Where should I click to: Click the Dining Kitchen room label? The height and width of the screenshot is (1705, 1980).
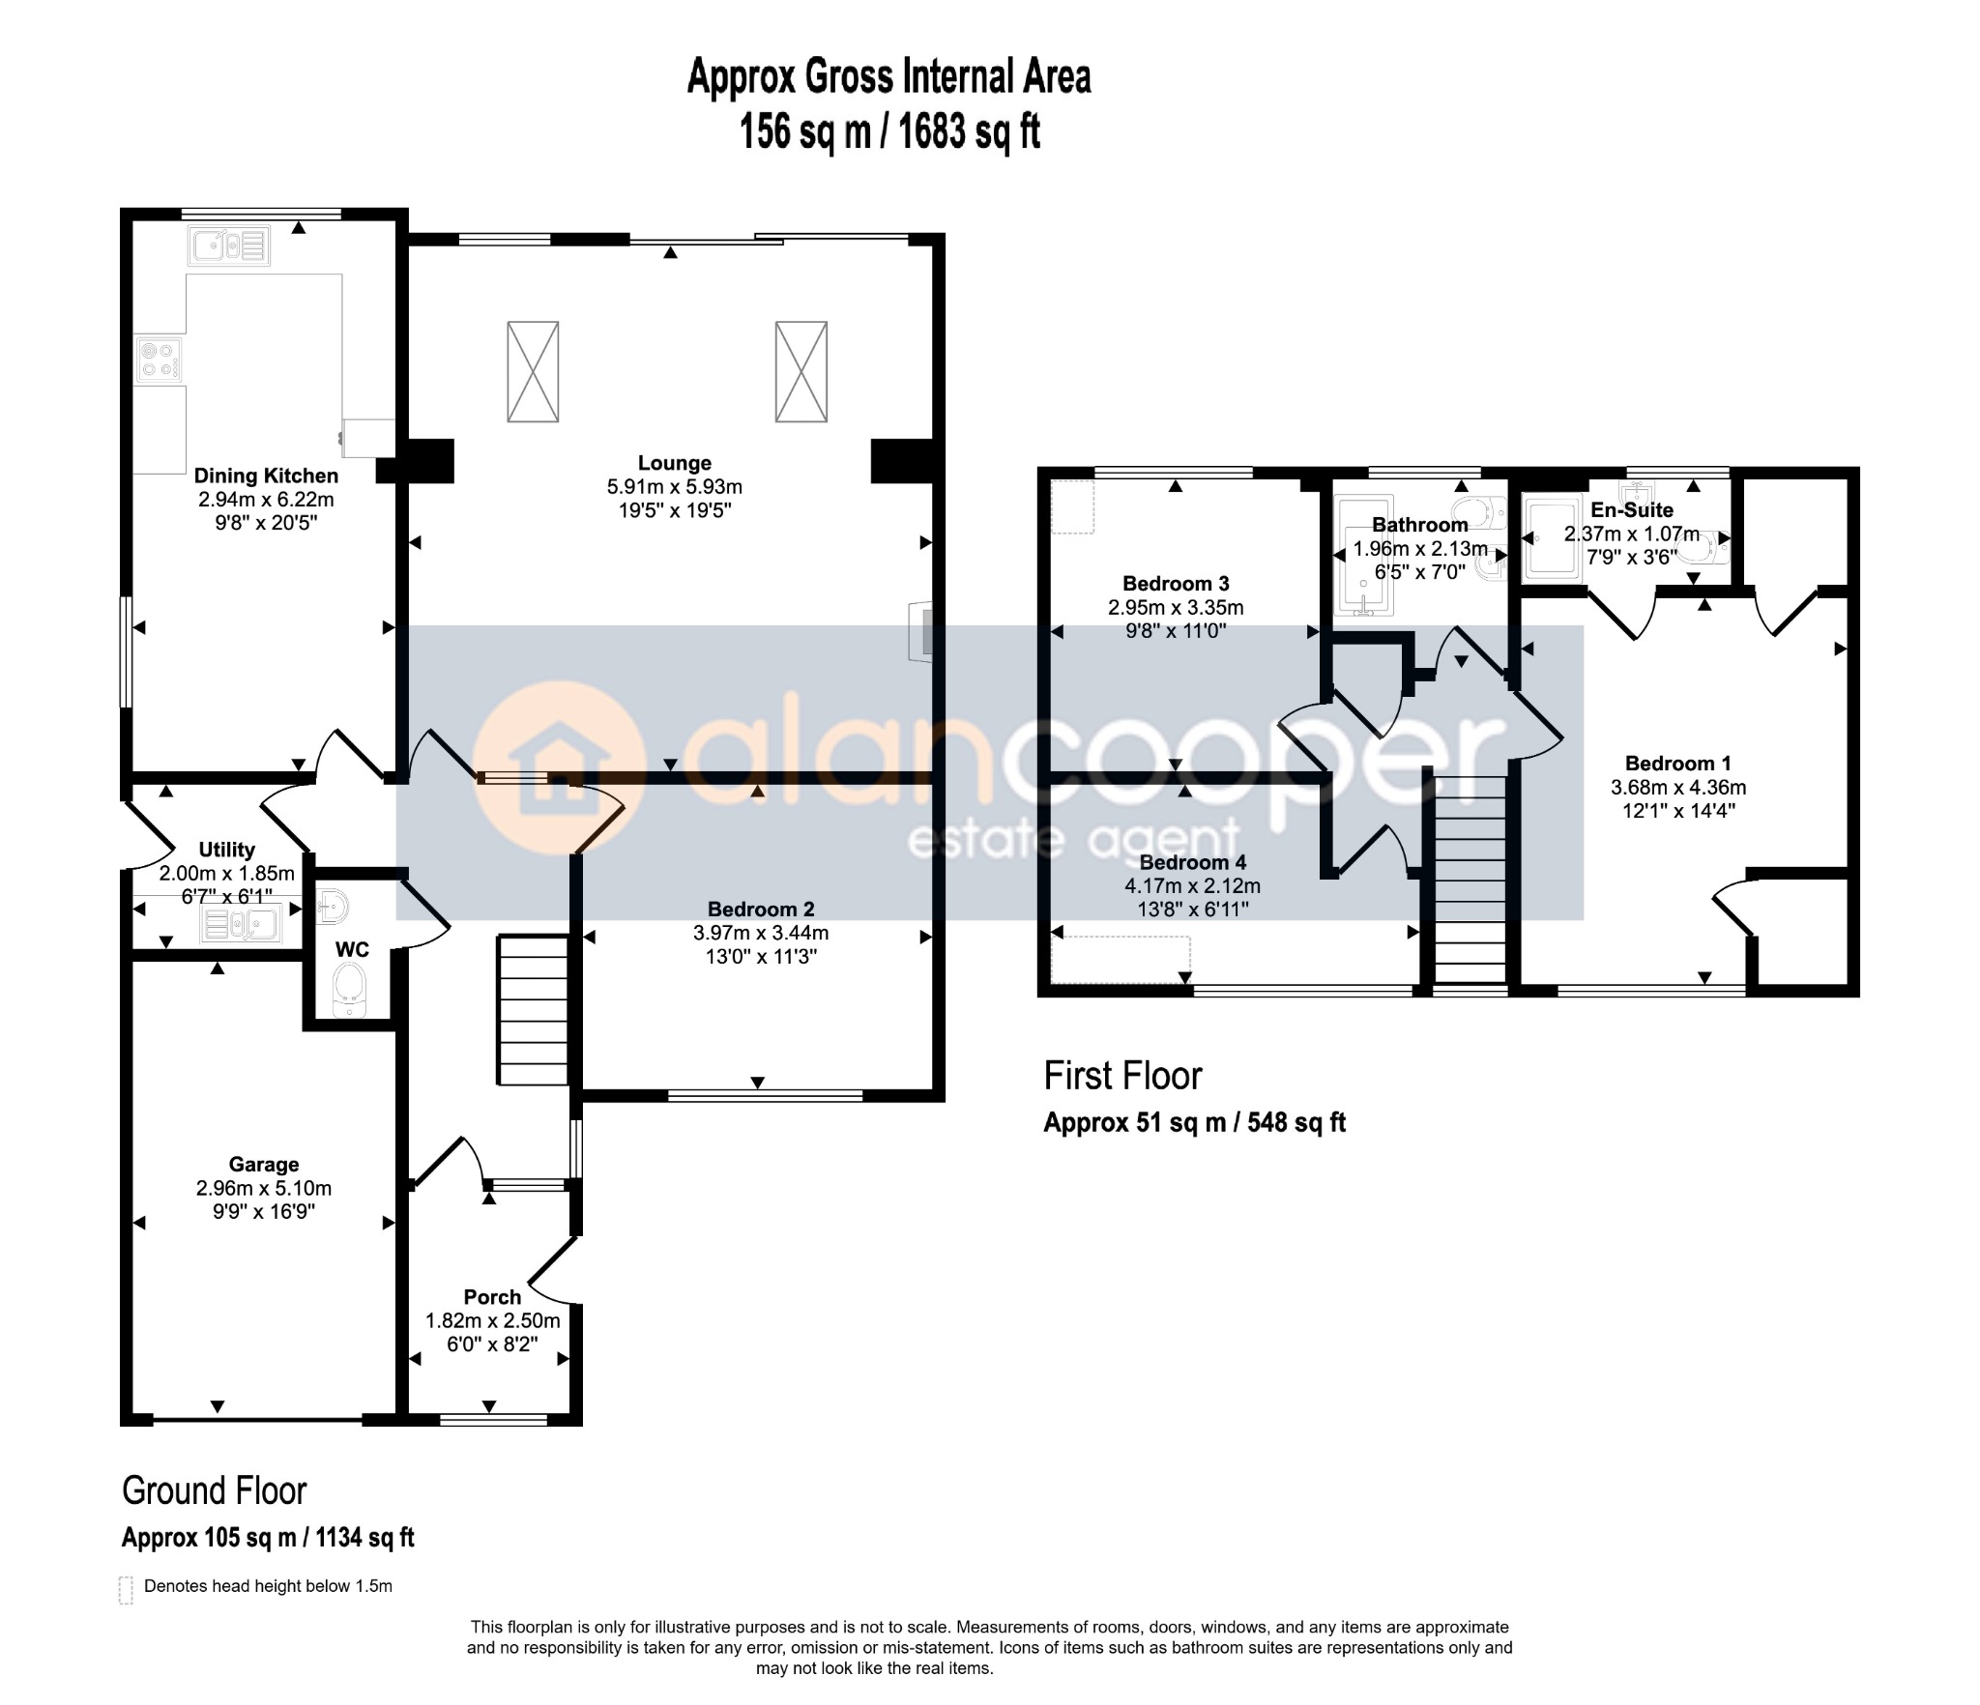tap(266, 476)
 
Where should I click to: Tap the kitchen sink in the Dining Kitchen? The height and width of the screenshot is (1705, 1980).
tap(230, 246)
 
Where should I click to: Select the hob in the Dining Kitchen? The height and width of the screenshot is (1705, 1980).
tap(160, 359)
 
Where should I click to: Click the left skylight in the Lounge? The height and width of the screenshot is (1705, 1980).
tap(533, 372)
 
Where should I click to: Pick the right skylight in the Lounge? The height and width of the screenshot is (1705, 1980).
tap(801, 372)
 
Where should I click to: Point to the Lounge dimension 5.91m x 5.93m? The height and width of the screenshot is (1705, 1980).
tap(675, 487)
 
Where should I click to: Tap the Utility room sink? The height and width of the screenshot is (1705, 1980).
tap(241, 924)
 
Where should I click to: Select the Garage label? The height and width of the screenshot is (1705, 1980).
tap(264, 1165)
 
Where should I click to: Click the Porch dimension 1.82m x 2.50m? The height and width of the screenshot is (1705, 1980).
tap(493, 1320)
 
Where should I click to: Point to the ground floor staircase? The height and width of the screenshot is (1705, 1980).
tap(532, 1009)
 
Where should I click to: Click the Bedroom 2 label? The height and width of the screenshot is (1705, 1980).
tap(761, 910)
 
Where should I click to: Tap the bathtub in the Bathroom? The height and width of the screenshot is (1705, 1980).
tap(1363, 556)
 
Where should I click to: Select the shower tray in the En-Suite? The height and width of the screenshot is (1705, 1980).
tap(1552, 538)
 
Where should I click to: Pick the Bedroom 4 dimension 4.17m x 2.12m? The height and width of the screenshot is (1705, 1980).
tap(1193, 886)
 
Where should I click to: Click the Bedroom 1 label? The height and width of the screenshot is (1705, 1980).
tap(1678, 764)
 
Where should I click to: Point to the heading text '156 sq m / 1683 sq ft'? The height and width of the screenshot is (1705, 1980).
tap(889, 131)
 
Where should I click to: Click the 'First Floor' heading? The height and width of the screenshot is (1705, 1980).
tap(1122, 1076)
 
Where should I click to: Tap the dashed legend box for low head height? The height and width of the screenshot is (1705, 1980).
tap(126, 1590)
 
